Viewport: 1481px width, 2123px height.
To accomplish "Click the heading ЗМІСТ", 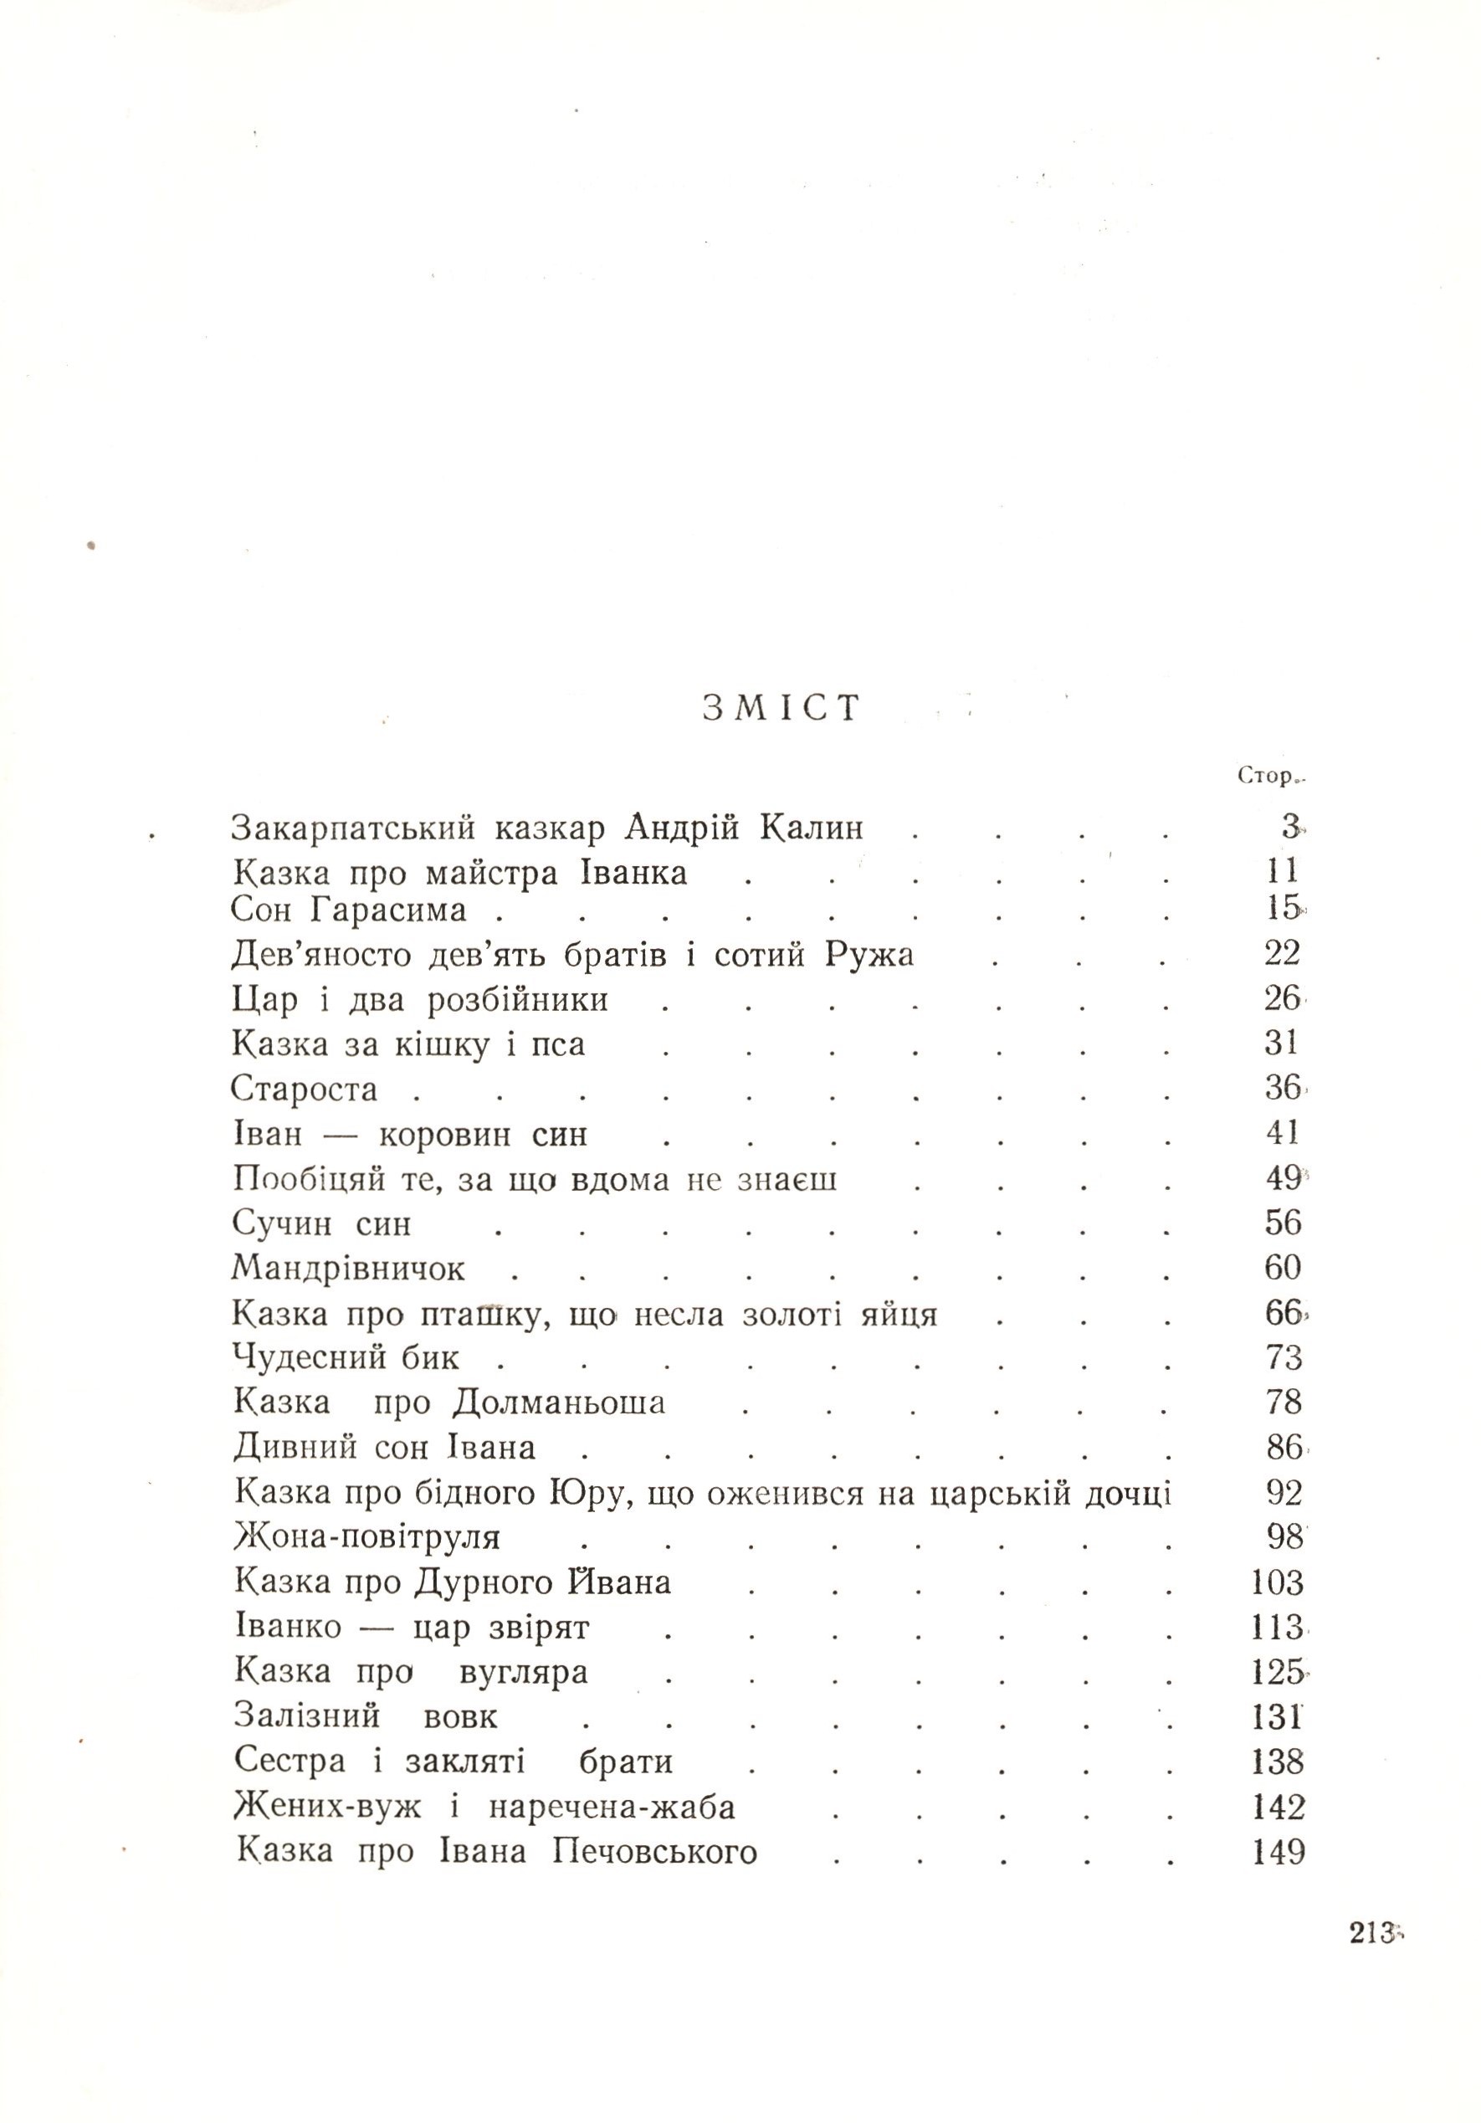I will click(781, 707).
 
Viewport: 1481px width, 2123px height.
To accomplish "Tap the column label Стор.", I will click(1268, 777).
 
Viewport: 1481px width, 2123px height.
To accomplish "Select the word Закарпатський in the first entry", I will click(353, 828).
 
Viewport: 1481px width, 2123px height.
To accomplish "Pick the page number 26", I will click(1281, 998).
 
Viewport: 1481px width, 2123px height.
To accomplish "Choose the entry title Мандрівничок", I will click(349, 1268).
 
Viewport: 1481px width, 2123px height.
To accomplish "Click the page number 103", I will click(1277, 1583).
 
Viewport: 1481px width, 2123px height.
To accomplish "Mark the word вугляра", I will click(523, 1673).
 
